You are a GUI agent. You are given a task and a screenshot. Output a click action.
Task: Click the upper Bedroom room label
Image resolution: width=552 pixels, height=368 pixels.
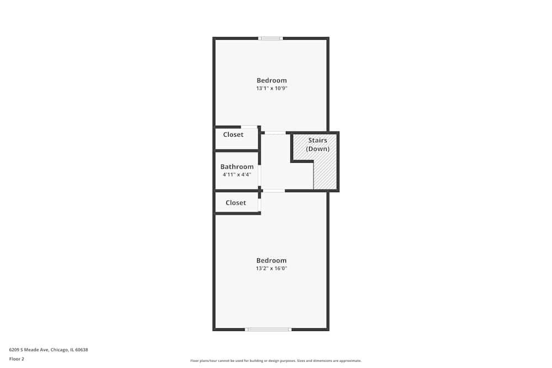(x=272, y=81)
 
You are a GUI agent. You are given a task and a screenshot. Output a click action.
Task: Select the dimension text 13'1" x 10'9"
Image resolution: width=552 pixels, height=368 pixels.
(x=272, y=88)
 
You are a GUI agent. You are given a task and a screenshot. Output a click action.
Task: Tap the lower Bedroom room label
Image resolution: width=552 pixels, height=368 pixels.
(x=272, y=260)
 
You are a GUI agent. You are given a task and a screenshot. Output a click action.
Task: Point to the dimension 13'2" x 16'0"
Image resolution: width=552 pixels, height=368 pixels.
(x=272, y=269)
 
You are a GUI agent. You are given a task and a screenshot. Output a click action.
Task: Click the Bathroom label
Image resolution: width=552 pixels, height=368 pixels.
(x=237, y=167)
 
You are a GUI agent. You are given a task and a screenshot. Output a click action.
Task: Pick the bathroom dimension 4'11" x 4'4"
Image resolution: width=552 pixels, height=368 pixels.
(x=237, y=174)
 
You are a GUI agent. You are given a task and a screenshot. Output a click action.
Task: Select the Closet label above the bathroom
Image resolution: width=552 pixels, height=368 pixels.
(x=233, y=135)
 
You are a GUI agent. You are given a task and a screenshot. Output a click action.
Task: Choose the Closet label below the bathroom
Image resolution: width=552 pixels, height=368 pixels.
(x=236, y=202)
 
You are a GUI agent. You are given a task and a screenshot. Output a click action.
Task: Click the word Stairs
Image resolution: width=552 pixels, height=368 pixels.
(x=317, y=141)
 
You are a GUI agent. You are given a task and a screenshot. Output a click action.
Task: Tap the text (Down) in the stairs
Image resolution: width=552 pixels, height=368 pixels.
(x=317, y=149)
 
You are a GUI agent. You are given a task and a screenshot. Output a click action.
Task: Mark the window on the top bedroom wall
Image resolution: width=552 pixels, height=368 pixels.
(x=270, y=38)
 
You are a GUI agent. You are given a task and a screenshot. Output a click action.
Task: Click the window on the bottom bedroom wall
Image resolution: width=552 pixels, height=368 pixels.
(x=268, y=329)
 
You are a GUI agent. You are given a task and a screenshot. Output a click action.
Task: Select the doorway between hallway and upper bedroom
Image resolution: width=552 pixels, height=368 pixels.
(x=275, y=132)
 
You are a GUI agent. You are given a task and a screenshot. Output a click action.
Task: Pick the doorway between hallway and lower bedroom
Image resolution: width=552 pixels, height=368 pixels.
(x=274, y=191)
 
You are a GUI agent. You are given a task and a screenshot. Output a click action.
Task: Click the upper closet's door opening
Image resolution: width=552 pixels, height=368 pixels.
(x=249, y=127)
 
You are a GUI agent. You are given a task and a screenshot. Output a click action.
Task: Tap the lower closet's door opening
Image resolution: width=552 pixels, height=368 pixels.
(x=259, y=205)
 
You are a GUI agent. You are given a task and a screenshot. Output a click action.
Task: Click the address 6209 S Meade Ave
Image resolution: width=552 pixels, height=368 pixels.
(x=49, y=349)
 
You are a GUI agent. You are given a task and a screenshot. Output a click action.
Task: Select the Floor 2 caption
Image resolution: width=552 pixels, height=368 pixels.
(x=17, y=359)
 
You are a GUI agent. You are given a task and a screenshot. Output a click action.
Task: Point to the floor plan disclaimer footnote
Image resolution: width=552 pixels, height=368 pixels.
(x=276, y=361)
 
